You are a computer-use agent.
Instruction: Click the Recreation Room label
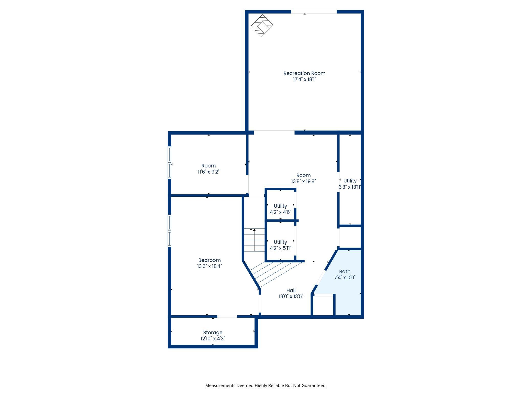tap(304, 73)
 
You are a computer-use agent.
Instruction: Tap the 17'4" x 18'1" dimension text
tap(304, 80)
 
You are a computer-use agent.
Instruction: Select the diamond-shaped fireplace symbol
tap(262, 25)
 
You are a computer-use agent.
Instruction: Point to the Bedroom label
tap(209, 260)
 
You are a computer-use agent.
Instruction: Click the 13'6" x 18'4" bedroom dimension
tap(209, 266)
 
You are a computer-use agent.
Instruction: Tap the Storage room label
tap(213, 333)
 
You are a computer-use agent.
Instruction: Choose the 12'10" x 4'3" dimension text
tap(213, 339)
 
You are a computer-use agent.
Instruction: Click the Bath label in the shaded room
tap(345, 272)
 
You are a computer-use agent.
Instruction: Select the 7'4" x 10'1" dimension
tap(345, 278)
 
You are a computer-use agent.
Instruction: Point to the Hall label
tap(291, 291)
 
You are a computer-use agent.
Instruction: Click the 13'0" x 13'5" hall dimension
tap(291, 296)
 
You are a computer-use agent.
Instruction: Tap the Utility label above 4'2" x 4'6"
tap(281, 206)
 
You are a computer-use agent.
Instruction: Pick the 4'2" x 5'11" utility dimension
tap(281, 248)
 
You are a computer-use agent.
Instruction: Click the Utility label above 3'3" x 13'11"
tap(350, 181)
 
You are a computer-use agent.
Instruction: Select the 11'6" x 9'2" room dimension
tap(209, 172)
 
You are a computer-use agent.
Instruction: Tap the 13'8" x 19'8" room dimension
tap(304, 181)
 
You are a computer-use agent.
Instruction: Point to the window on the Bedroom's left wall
tap(169, 231)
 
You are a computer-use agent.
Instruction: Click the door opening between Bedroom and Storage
tap(227, 317)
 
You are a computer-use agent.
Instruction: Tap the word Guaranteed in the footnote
tap(314, 386)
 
